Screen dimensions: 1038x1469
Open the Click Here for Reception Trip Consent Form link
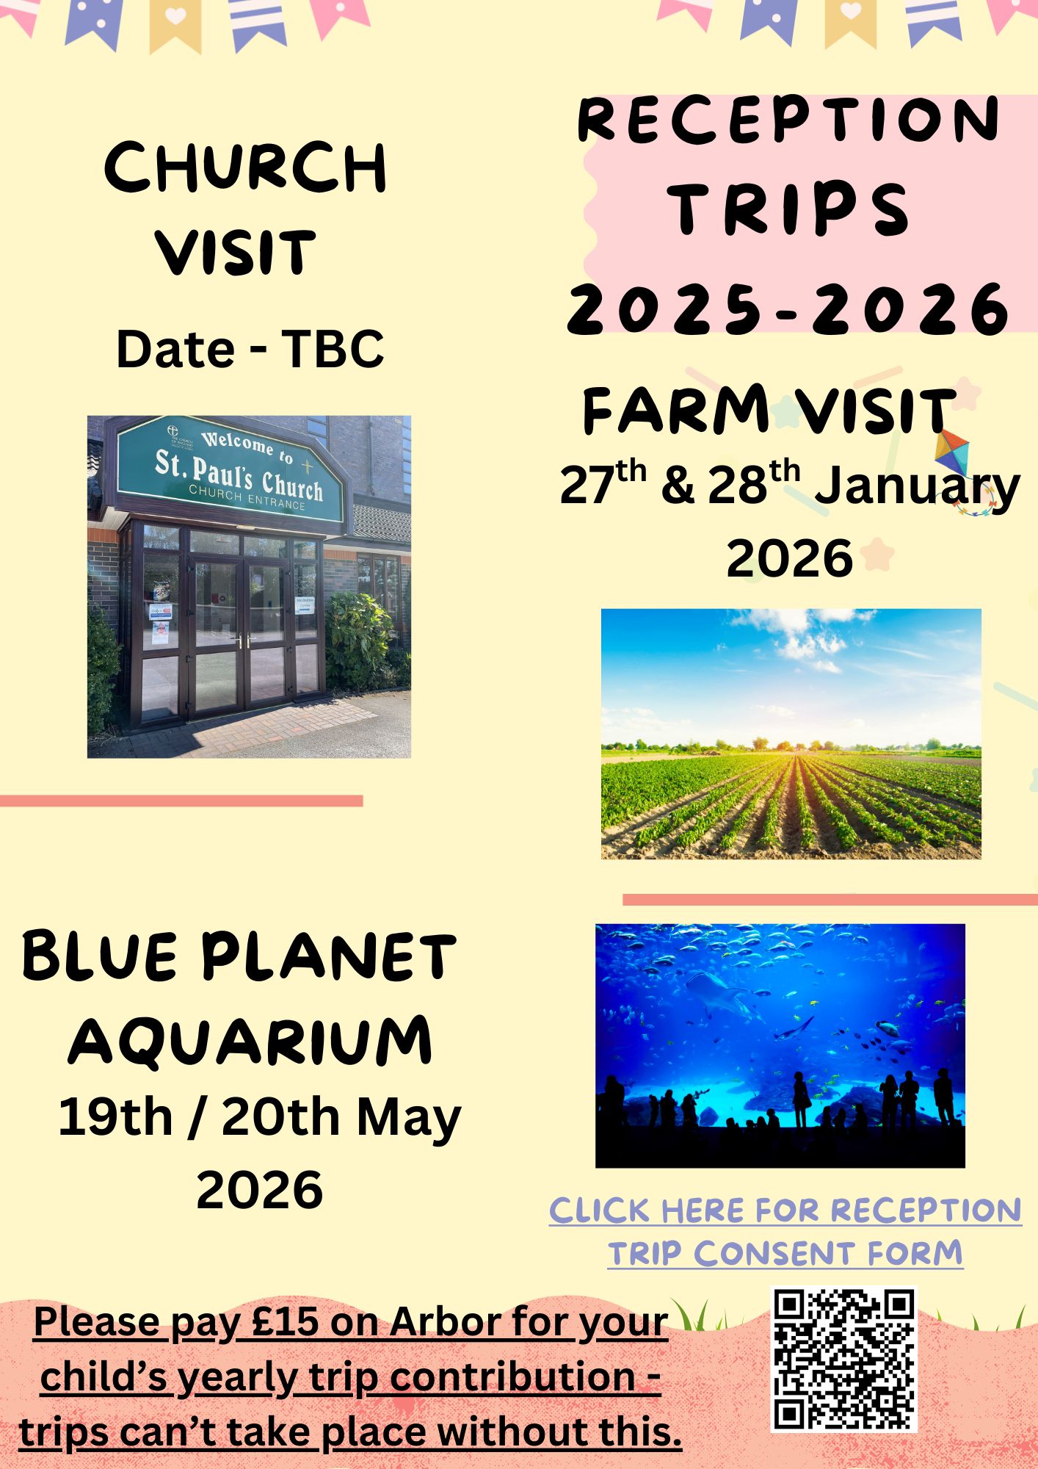tap(785, 1232)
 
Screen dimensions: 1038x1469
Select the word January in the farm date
tap(918, 487)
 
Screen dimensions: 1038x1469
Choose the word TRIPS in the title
tap(789, 210)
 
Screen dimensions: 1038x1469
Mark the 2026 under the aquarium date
tap(260, 1191)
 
